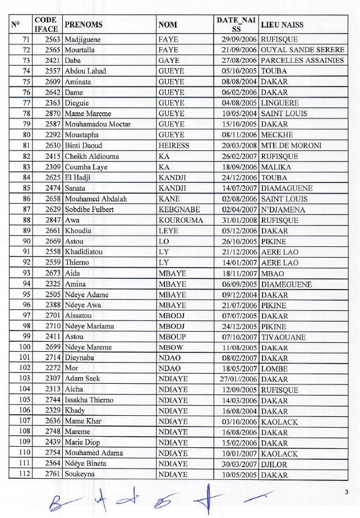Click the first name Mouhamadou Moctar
[x=98, y=124]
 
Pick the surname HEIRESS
[x=174, y=145]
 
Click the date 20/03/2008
[x=239, y=145]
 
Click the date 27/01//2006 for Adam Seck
[x=238, y=379]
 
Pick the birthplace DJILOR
[x=274, y=464]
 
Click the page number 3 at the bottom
[x=347, y=492]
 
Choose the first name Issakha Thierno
[x=89, y=400]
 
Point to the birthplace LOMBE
[x=275, y=369]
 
